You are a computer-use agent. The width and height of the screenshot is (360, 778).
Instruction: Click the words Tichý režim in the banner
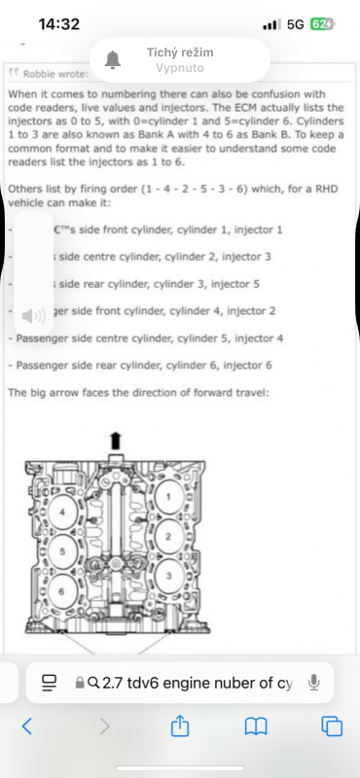click(179, 52)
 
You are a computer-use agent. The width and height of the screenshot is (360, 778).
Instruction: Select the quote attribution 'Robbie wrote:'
click(54, 73)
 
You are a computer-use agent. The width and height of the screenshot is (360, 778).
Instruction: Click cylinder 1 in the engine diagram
click(170, 499)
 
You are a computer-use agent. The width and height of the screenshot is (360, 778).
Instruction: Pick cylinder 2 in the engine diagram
click(170, 536)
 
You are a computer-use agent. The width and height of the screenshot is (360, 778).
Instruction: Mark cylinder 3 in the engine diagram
click(170, 576)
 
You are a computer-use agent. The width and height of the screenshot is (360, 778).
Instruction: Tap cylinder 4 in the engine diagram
click(64, 511)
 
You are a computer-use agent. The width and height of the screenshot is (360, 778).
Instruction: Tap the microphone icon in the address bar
click(313, 683)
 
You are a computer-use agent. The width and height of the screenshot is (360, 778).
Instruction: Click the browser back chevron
click(27, 725)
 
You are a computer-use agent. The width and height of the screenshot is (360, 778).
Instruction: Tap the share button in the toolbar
click(179, 725)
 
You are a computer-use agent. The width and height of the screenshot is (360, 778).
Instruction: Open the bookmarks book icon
click(256, 725)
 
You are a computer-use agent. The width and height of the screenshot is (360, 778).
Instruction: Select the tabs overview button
click(332, 725)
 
